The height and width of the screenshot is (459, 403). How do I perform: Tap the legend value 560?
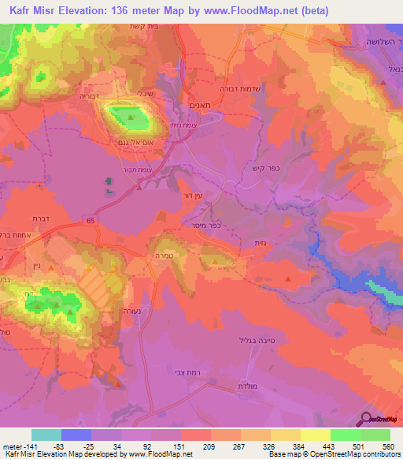coord(387,446)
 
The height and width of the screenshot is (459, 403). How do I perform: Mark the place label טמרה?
coord(175,256)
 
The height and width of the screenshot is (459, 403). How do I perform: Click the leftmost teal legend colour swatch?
coord(46,435)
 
